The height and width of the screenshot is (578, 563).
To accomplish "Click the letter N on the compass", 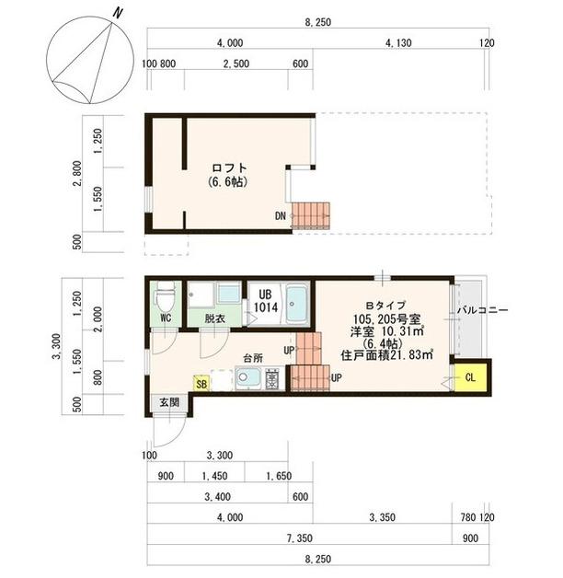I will [117, 12].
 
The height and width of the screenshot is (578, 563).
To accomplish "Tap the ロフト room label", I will [228, 168].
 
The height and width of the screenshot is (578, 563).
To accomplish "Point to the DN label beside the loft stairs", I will [280, 217].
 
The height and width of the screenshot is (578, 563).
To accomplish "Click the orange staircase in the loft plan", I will [310, 214].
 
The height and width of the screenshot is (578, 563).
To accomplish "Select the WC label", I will [167, 318].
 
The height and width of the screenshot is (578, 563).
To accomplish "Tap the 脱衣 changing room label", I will [214, 318].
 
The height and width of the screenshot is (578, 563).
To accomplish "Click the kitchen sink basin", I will [247, 376].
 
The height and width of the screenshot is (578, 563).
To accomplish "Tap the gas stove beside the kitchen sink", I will [273, 377].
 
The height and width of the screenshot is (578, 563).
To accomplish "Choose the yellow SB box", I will [201, 381].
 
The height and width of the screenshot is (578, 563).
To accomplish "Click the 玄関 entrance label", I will [168, 402].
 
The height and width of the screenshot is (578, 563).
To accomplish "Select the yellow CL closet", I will [469, 376].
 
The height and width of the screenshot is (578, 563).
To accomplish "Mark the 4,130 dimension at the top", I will [399, 43].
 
